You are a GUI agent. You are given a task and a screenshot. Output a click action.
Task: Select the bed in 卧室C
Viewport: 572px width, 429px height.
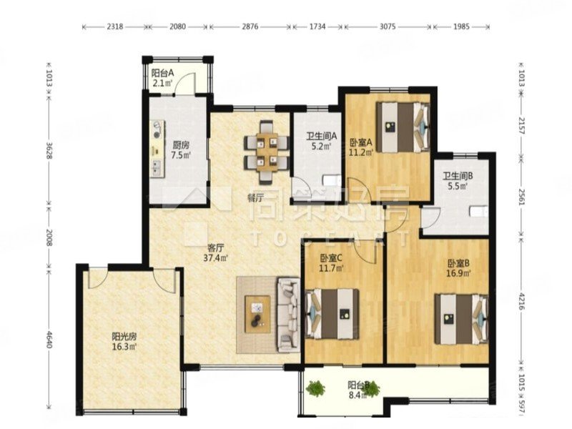[x=332, y=312]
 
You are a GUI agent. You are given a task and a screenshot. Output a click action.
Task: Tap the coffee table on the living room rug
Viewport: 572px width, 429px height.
[x=256, y=313]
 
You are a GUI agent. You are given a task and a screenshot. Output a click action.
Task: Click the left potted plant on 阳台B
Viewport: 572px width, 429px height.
[x=315, y=390]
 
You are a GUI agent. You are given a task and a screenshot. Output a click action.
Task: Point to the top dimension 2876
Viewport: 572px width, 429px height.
[x=250, y=26]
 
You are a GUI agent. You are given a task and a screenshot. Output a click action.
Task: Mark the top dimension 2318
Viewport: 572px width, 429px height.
[x=114, y=26]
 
